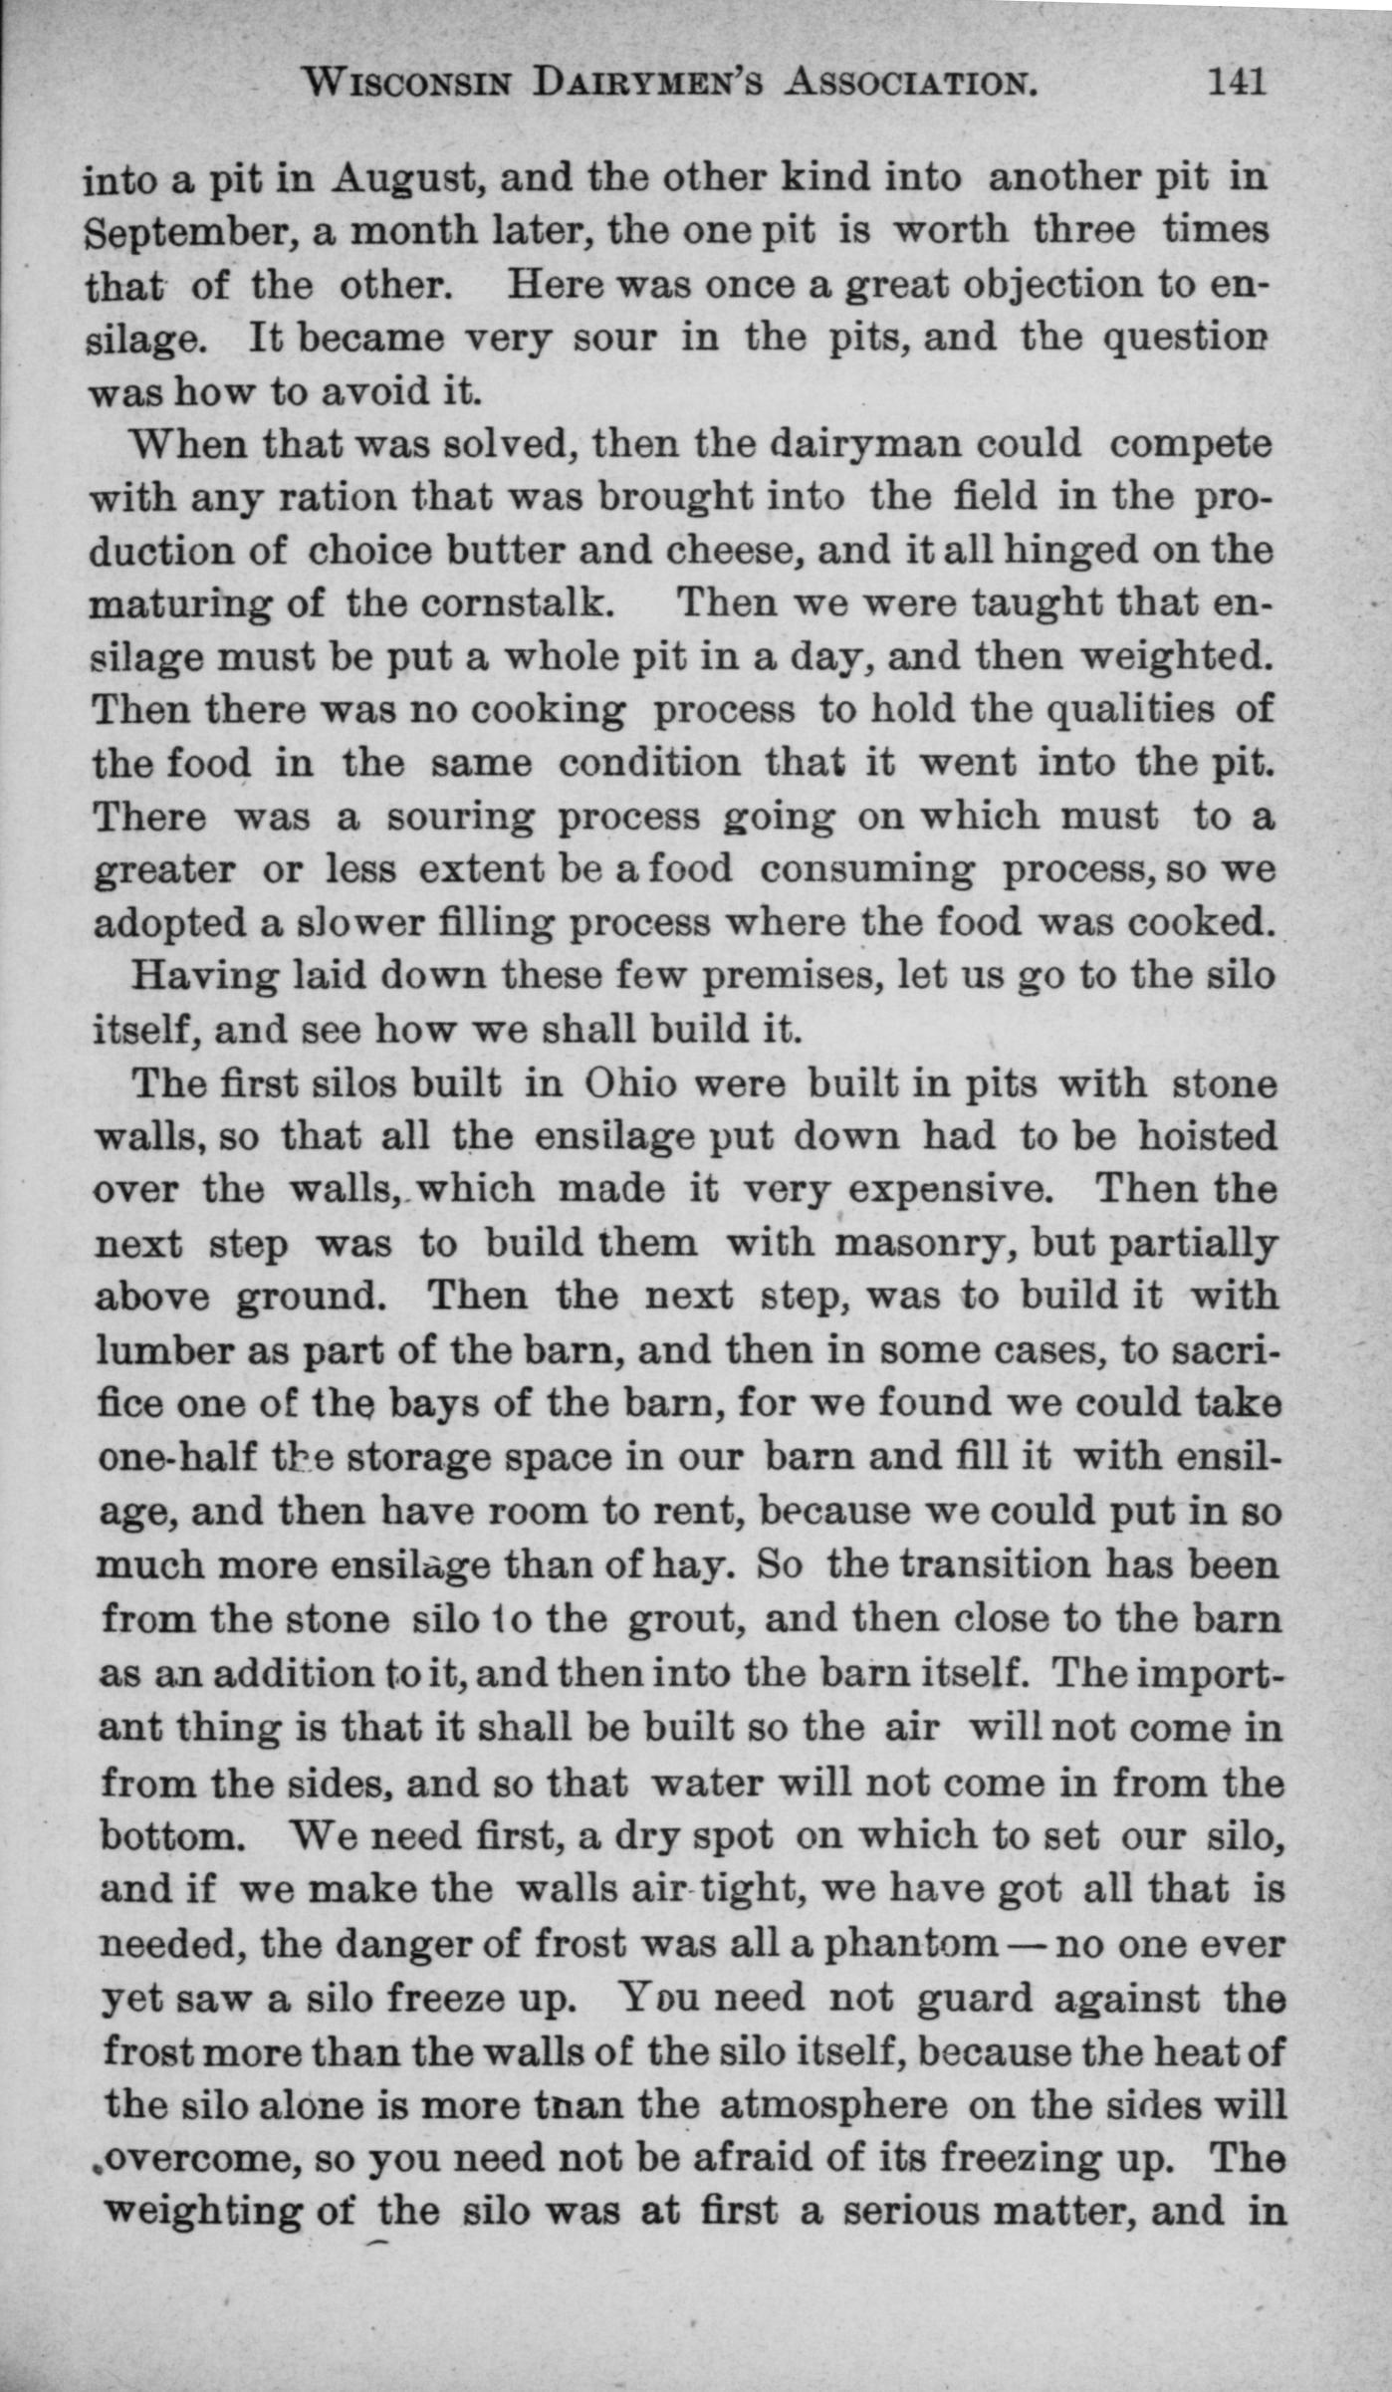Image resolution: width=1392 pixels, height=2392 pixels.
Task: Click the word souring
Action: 460,818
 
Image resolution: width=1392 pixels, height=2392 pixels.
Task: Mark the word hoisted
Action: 1208,1136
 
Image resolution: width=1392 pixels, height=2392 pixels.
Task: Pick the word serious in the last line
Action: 910,2209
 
